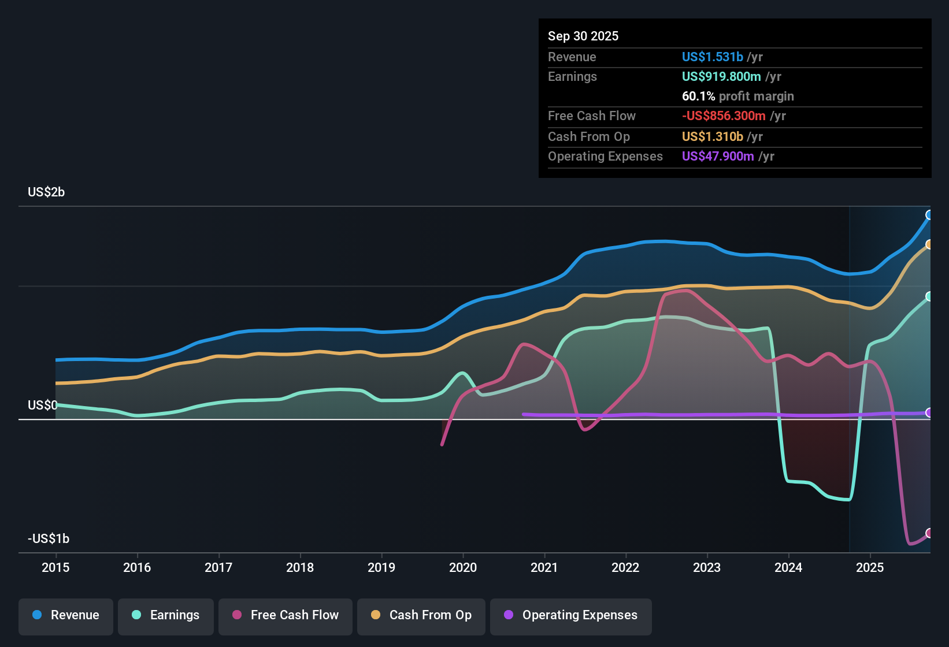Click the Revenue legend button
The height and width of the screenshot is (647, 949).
(x=66, y=615)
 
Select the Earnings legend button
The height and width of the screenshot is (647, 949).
(x=166, y=615)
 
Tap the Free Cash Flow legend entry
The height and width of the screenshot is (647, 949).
(x=286, y=615)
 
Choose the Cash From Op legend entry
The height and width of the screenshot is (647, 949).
(x=421, y=615)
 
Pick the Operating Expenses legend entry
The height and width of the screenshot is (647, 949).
(x=571, y=615)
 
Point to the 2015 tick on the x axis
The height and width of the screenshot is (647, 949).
(x=55, y=567)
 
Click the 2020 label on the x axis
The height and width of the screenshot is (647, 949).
(x=463, y=567)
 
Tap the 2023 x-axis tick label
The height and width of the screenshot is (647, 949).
(x=707, y=567)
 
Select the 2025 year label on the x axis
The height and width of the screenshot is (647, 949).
(x=870, y=567)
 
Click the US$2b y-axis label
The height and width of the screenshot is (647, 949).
(x=46, y=192)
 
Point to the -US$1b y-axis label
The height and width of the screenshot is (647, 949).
(x=49, y=539)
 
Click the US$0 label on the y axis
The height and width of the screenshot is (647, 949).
(x=42, y=406)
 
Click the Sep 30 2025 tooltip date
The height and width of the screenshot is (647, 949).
(x=583, y=36)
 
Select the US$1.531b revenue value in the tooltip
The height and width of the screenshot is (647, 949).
(x=712, y=57)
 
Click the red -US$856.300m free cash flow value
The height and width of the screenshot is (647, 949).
(x=724, y=116)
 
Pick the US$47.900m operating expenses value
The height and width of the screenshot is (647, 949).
(x=718, y=157)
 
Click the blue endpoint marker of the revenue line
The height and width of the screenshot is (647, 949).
(x=929, y=215)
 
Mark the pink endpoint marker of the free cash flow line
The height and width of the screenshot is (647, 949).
(x=929, y=533)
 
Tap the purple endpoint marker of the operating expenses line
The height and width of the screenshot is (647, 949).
(x=929, y=412)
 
